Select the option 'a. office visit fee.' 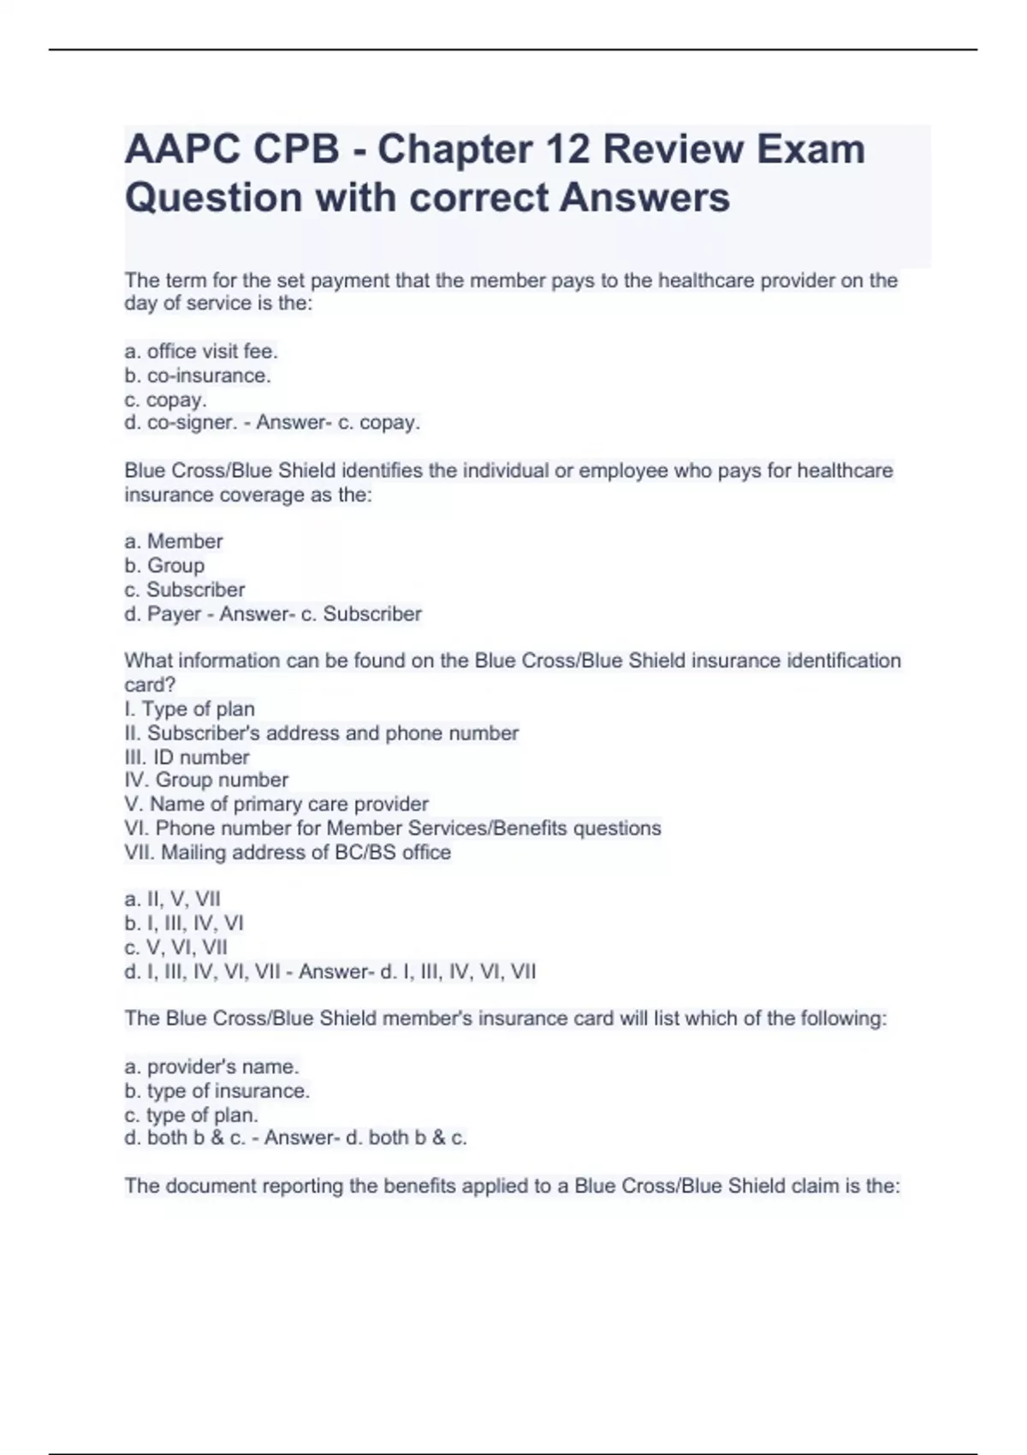coord(201,352)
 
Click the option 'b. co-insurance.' coord(198,376)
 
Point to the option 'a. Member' coord(174,542)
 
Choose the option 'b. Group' coord(164,566)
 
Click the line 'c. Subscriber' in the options coord(185,590)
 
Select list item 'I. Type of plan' coord(189,710)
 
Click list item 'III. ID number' coord(187,757)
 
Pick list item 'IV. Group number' coord(206,780)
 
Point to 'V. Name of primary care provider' coord(276,805)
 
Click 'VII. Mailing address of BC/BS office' coord(288,852)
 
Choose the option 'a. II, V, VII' coord(173,900)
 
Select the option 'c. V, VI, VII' coord(176,947)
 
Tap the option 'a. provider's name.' coord(211,1067)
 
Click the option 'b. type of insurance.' coord(217,1091)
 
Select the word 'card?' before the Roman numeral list coord(150,685)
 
